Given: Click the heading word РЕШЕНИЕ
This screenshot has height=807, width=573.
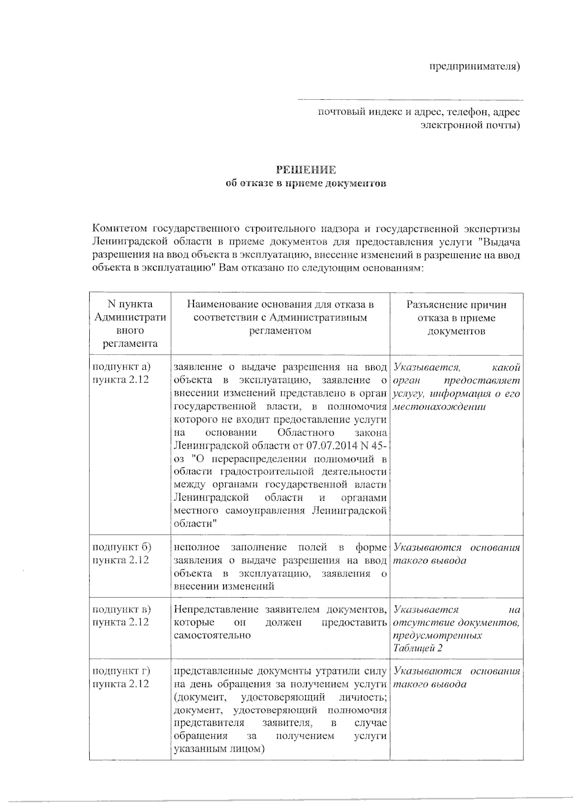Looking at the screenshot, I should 306,170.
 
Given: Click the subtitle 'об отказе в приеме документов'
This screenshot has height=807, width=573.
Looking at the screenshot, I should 306,183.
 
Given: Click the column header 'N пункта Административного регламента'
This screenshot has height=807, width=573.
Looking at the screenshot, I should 130,324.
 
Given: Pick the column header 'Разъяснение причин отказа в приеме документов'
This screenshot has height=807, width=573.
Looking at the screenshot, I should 456,318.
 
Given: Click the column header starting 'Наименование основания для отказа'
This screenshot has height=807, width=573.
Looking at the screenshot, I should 280,318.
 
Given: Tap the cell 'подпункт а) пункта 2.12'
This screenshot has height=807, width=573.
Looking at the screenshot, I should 121,373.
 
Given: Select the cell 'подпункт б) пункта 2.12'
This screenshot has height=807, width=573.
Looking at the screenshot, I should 121,554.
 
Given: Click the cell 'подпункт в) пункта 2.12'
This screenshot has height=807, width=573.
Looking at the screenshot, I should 121,616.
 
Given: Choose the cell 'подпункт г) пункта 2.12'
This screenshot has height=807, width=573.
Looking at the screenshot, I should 121,678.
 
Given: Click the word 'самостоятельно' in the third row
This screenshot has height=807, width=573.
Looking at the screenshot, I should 212,636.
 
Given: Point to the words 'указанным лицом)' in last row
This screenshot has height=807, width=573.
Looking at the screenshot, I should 219,749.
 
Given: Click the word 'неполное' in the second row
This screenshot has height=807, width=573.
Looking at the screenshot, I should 197,547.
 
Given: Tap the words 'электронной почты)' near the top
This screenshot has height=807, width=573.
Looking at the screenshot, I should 470,126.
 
